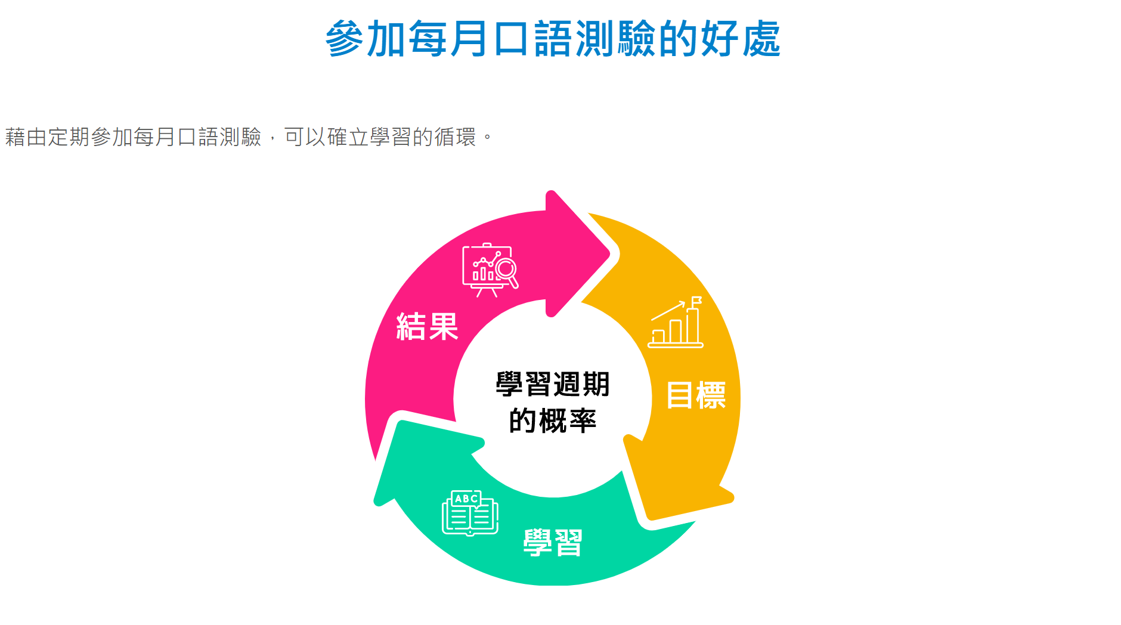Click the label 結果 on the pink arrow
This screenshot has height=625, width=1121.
tap(427, 327)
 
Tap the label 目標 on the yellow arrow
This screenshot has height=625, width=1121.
tap(696, 395)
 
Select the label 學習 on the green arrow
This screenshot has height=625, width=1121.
tap(553, 543)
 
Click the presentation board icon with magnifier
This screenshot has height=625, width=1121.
tap(490, 270)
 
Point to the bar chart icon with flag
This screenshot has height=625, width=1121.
tap(676, 322)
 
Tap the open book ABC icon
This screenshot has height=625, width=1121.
tap(470, 513)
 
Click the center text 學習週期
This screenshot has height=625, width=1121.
tap(553, 384)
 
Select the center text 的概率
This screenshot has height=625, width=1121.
tap(553, 421)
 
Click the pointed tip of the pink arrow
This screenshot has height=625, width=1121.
tap(608, 254)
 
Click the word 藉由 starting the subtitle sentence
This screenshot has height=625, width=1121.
tap(26, 137)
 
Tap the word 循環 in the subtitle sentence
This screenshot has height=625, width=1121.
tap(455, 137)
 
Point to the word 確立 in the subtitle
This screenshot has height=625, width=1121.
tap(348, 137)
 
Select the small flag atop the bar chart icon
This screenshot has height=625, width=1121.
tap(696, 300)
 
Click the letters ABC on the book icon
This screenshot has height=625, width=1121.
tap(466, 499)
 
